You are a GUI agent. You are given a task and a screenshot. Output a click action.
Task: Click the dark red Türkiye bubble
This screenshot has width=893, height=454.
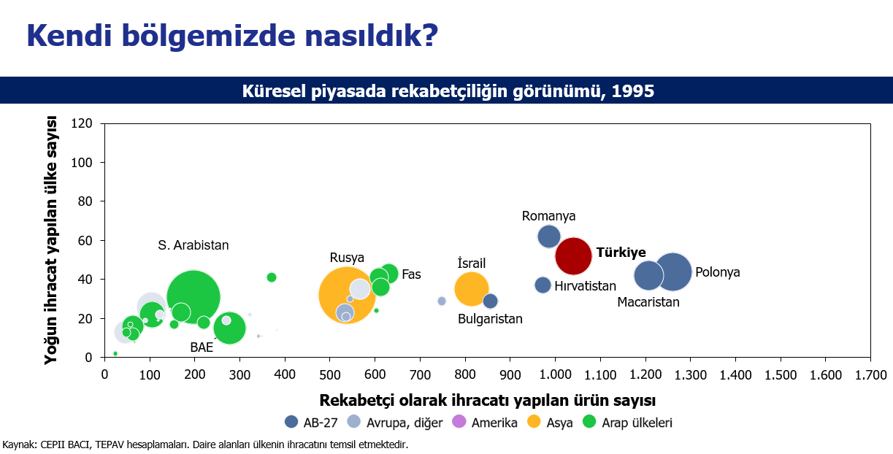pyautogui.click(x=573, y=256)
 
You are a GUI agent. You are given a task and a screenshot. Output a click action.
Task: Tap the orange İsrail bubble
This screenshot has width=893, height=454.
pyautogui.click(x=471, y=289)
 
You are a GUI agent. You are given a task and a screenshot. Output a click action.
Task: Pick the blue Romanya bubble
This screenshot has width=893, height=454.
pyautogui.click(x=549, y=236)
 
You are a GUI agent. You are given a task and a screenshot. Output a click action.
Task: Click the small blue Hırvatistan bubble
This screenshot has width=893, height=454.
pyautogui.click(x=543, y=285)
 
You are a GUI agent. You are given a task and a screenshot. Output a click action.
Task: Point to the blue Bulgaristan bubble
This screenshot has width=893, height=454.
pyautogui.click(x=490, y=301)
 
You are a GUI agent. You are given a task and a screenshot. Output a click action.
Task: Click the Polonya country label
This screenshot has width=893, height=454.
pyautogui.click(x=718, y=272)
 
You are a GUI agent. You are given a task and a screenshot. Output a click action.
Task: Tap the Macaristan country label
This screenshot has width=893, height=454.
pyautogui.click(x=648, y=302)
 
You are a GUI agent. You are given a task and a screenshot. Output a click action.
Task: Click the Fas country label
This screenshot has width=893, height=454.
pyautogui.click(x=411, y=274)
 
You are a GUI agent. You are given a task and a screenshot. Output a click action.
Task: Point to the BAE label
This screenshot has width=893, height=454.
pyautogui.click(x=202, y=347)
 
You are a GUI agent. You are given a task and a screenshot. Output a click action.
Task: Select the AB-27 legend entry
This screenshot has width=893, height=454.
pyautogui.click(x=311, y=422)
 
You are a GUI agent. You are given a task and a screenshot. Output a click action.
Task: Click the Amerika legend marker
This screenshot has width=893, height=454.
pyautogui.click(x=459, y=421)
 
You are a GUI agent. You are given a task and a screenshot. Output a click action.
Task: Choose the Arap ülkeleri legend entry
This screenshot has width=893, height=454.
pyautogui.click(x=627, y=422)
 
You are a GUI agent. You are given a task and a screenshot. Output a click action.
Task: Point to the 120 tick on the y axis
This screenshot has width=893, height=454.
pyautogui.click(x=82, y=123)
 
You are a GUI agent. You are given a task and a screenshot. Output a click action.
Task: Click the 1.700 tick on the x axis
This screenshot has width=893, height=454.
pyautogui.click(x=870, y=374)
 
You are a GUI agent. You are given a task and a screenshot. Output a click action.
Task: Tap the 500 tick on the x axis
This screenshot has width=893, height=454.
pyautogui.click(x=330, y=374)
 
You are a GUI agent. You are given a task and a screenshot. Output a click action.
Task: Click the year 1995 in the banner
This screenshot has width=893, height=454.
pyautogui.click(x=632, y=91)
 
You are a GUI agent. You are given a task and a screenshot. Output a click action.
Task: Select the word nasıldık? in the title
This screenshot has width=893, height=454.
pyautogui.click(x=372, y=36)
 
